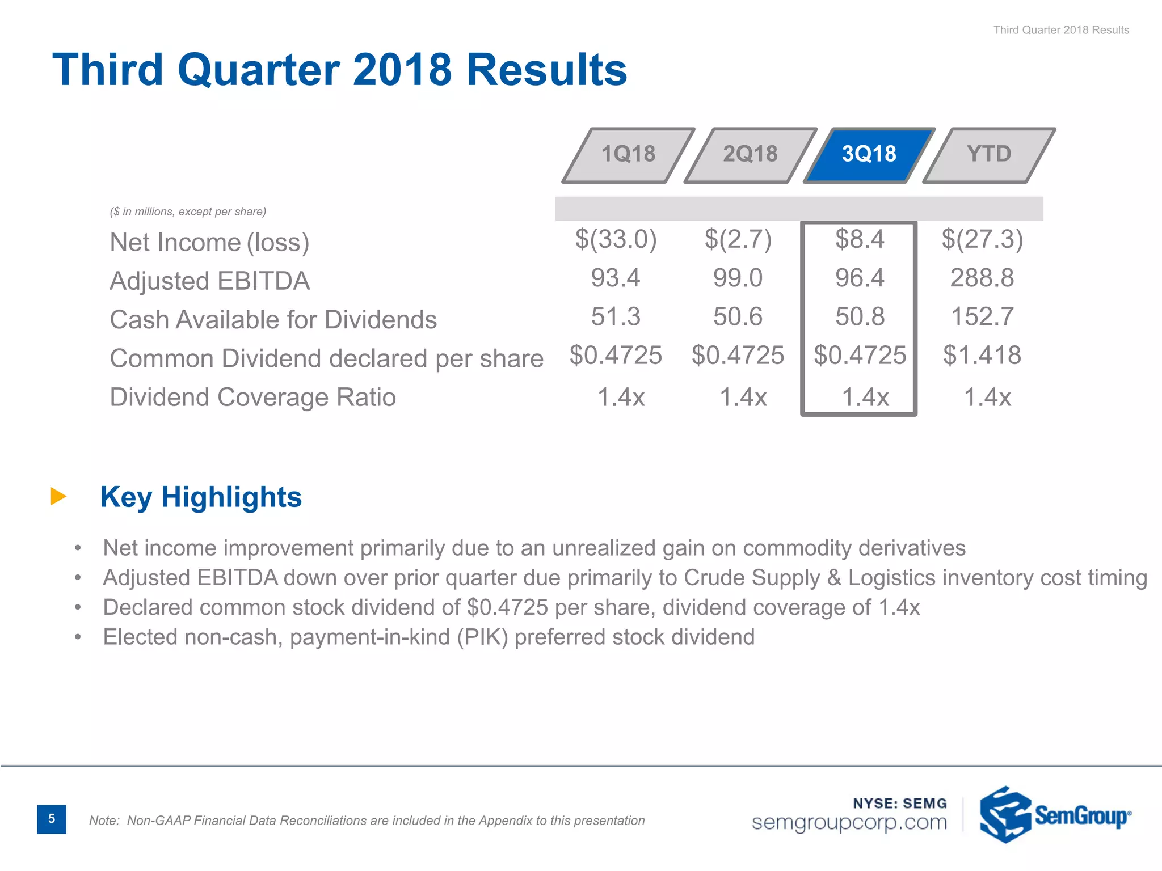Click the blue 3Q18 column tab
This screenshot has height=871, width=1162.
tap(869, 154)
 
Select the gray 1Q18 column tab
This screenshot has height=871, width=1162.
tap(628, 154)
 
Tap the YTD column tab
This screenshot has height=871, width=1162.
tap(989, 154)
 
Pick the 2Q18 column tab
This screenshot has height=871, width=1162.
tap(750, 154)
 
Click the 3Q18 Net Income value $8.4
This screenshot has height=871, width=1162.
tap(860, 239)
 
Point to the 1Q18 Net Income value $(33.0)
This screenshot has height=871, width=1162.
tap(616, 239)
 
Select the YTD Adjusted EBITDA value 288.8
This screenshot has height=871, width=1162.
tap(982, 278)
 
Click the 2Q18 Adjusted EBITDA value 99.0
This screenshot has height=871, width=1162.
tap(738, 278)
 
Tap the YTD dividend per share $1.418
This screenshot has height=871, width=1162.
tap(982, 356)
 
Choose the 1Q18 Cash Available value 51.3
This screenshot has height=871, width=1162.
tap(616, 317)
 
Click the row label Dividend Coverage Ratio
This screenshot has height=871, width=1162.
tap(252, 397)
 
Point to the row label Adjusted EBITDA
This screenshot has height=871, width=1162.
tap(209, 281)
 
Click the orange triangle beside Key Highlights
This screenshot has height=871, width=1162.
tap(58, 496)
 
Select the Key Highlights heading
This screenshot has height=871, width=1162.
tap(201, 497)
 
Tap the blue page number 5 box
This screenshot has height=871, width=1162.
tap(52, 819)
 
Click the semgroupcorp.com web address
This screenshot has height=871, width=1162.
tap(849, 822)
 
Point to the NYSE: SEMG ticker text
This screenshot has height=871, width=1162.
tap(900, 804)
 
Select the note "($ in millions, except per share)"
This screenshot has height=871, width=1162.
tap(188, 212)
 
